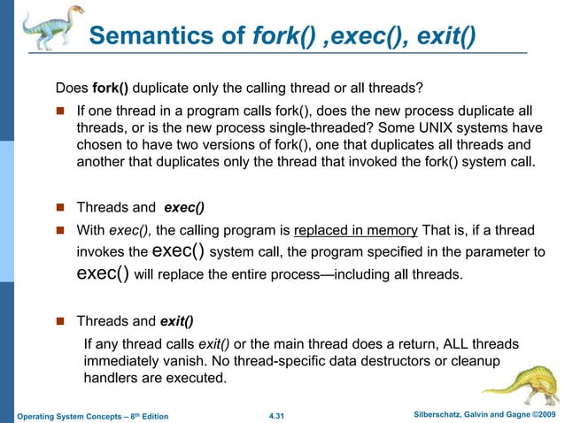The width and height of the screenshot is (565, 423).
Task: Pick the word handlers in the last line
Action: [112, 379]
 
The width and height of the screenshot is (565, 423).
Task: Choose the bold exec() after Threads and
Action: [184, 209]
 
